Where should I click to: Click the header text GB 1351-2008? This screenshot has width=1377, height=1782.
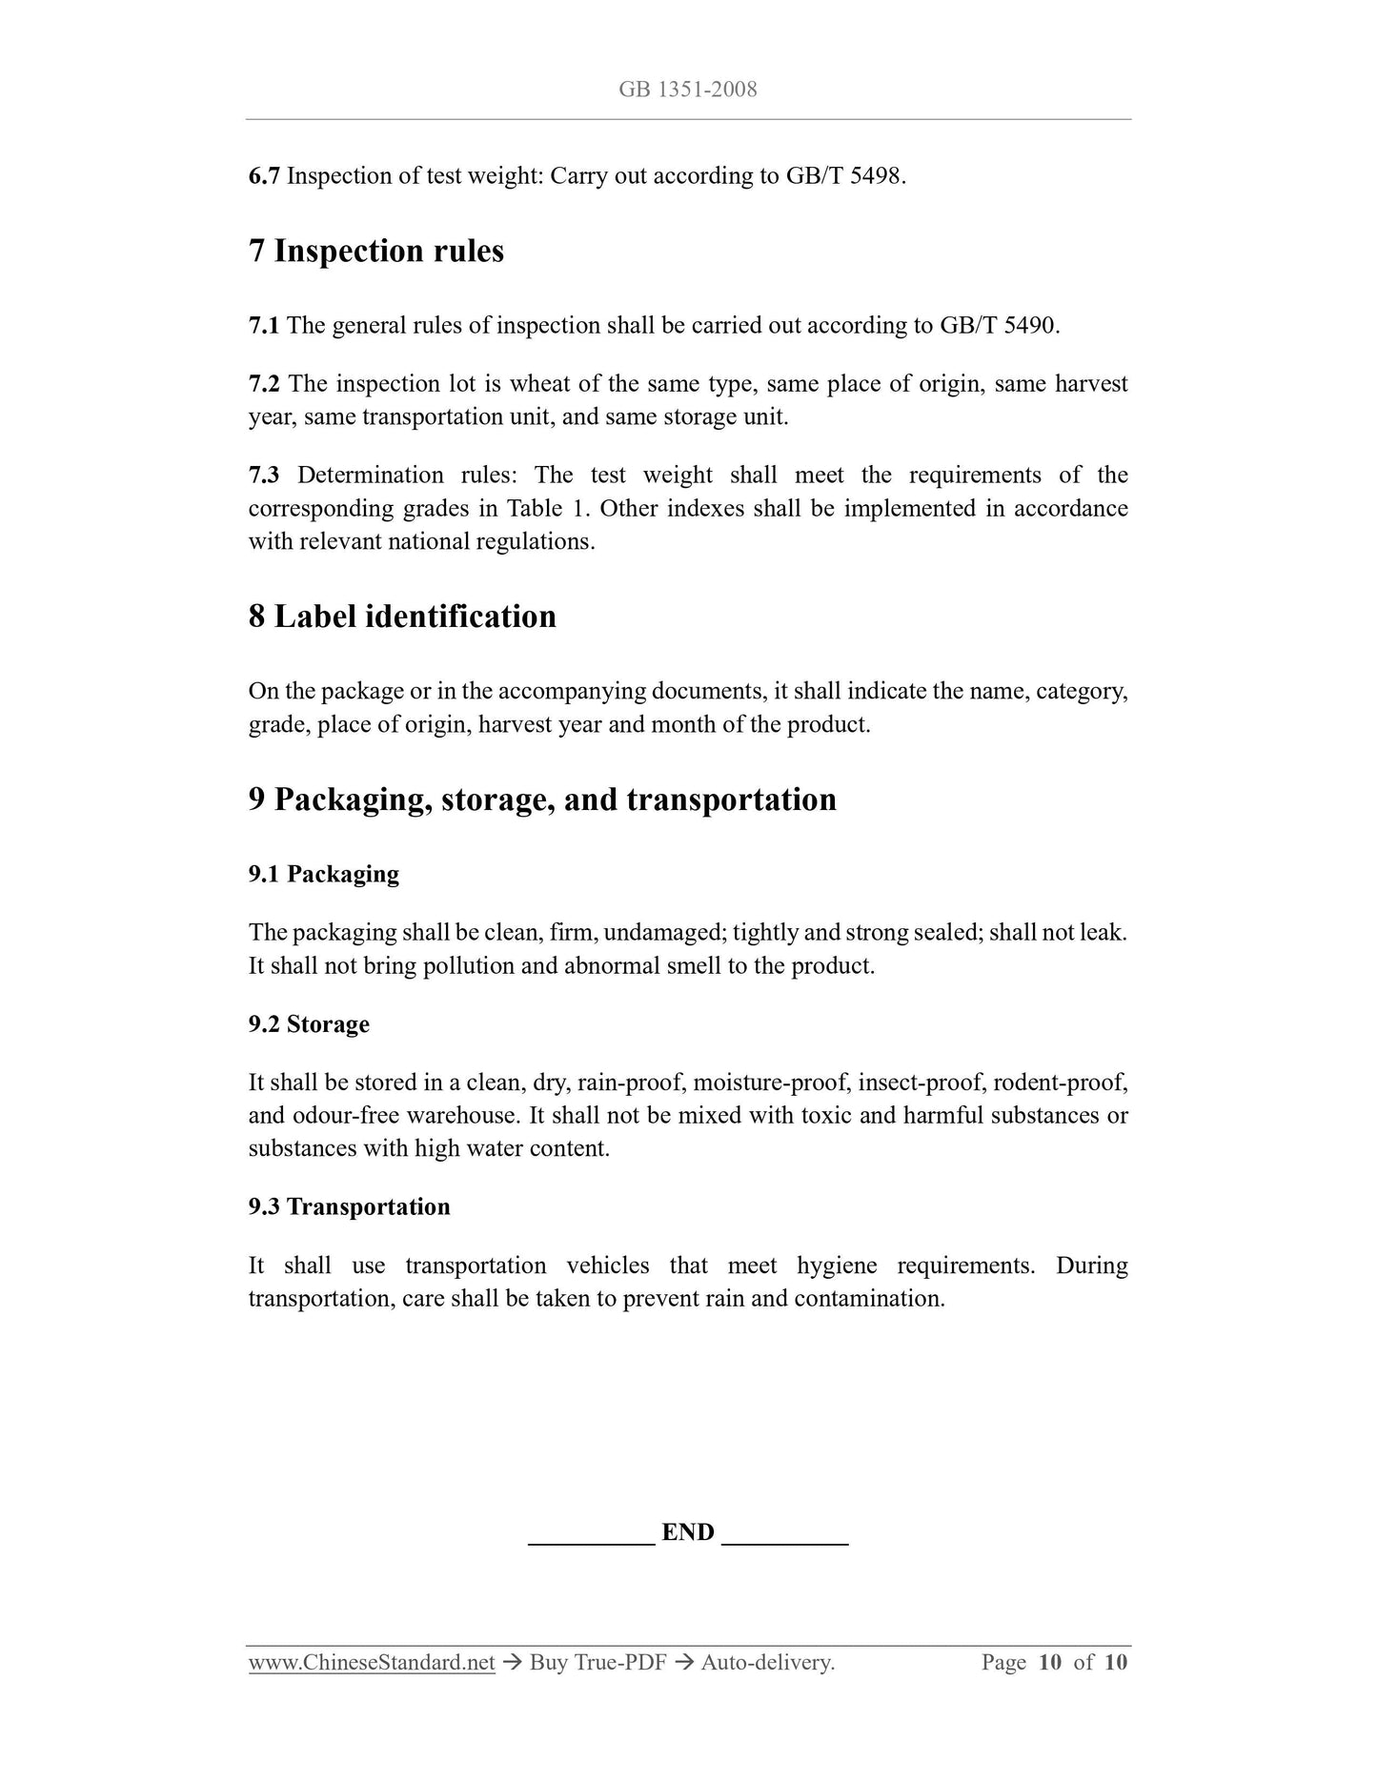(687, 90)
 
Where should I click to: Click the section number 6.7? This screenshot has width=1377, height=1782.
(264, 176)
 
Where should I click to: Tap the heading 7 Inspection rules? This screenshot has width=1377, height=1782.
(375, 252)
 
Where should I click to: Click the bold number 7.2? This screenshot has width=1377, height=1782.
(264, 384)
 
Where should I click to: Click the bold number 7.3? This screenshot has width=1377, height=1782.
(264, 476)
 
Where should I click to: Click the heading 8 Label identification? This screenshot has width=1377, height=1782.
(402, 617)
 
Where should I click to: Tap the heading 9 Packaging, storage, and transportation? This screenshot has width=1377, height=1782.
(542, 800)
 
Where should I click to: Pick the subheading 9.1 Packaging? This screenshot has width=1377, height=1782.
(323, 875)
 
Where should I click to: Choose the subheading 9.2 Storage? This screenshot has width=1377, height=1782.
(309, 1024)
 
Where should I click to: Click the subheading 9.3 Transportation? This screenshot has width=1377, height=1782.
(349, 1207)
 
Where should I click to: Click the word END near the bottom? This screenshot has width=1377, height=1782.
(687, 1532)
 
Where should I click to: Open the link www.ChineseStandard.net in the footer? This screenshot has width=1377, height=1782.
(372, 1663)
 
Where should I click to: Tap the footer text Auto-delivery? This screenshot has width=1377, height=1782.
(767, 1663)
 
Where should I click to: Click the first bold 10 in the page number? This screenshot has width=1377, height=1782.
(1049, 1663)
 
